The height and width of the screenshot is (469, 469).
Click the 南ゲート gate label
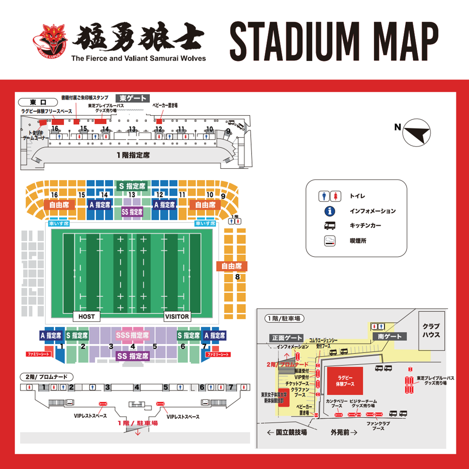coord(390,337)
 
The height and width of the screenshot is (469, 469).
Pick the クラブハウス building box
coord(431,330)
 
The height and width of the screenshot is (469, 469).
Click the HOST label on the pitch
coord(86,316)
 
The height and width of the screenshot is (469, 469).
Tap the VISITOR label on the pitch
coord(177,316)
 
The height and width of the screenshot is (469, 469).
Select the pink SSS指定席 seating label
coord(132,335)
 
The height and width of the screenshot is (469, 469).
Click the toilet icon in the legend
coord(330,196)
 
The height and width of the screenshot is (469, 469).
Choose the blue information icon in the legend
coord(330,211)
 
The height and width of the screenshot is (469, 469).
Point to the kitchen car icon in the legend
coord(330,226)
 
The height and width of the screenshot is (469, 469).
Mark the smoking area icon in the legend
coord(330,241)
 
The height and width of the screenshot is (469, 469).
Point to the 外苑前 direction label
coord(344,432)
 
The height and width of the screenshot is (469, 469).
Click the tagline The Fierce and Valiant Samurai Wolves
coord(138,58)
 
